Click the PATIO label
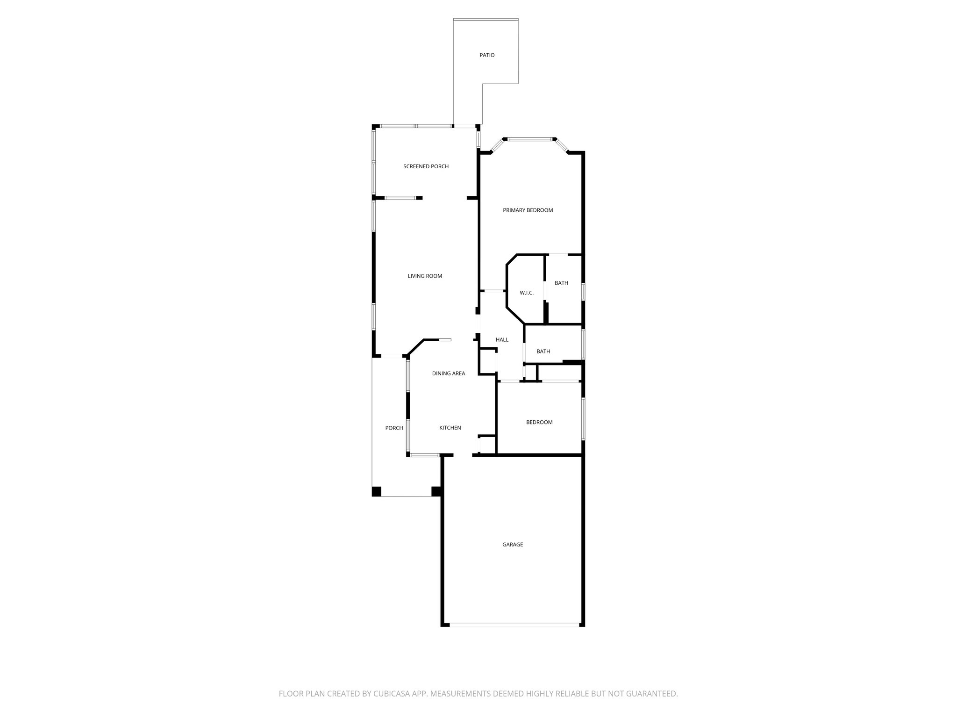click(x=487, y=55)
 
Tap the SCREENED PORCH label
click(x=426, y=166)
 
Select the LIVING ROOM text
click(x=425, y=276)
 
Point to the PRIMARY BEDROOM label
click(x=528, y=210)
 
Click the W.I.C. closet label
click(x=527, y=293)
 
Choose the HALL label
click(x=502, y=340)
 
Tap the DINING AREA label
click(x=448, y=373)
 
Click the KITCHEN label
click(x=450, y=428)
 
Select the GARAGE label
click(x=513, y=545)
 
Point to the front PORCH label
click(x=394, y=428)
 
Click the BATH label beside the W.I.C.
click(x=561, y=283)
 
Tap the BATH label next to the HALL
click(x=543, y=352)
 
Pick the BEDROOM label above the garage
click(x=539, y=423)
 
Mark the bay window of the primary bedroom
click(x=529, y=139)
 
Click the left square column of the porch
click(x=377, y=491)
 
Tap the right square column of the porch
click(x=436, y=491)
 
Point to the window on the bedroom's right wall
click(x=583, y=418)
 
